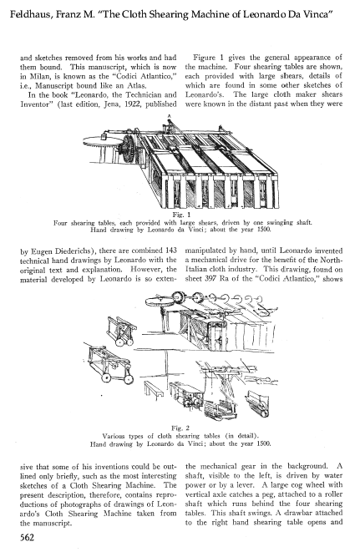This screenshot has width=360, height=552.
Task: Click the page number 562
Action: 27,537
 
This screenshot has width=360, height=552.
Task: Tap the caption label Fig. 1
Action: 181,215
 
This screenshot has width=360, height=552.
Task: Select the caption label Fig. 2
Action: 180,428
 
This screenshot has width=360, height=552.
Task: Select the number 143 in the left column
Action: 170,251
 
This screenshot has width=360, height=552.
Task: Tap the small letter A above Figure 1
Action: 170,115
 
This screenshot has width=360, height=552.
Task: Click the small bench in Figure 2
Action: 153,388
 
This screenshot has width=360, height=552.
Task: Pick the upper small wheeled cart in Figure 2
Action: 122,330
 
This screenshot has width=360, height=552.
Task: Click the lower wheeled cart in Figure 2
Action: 108,364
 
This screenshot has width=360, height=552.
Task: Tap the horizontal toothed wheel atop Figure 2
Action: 160,301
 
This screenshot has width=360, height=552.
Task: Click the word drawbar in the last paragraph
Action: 298,513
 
